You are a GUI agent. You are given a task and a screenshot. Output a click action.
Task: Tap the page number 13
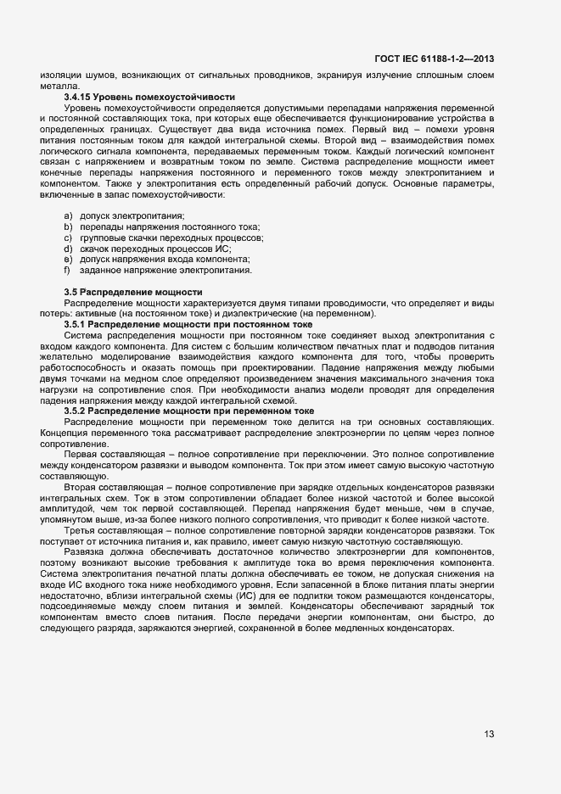tap(489, 735)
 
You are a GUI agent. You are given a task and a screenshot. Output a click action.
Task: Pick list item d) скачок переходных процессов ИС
tap(155, 249)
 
